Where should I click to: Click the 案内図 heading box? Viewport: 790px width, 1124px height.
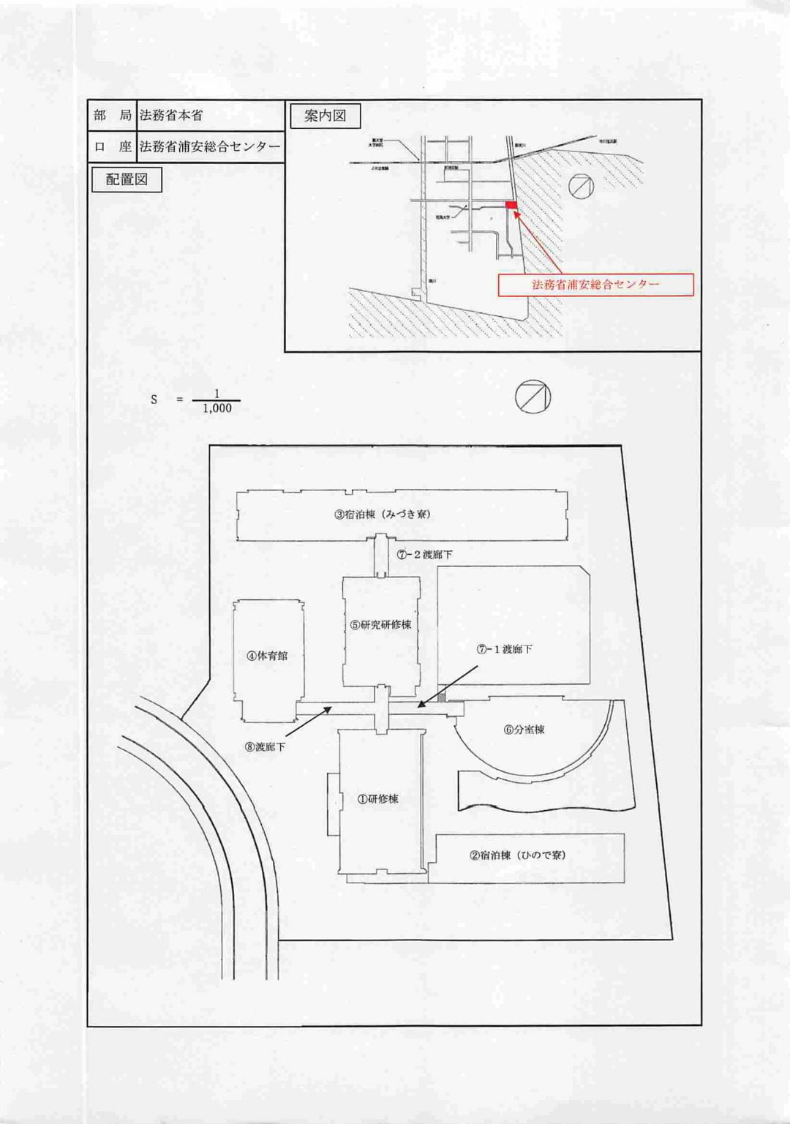(x=325, y=116)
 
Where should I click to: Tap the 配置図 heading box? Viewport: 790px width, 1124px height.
(x=127, y=179)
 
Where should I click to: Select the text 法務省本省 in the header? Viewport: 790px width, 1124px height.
(x=171, y=115)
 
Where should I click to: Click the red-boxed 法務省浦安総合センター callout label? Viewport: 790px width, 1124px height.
(x=595, y=285)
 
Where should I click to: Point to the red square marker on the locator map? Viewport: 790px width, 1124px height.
(x=511, y=205)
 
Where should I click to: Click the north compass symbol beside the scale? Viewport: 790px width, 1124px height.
(x=532, y=397)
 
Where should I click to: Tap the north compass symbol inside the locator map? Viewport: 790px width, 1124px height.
(x=582, y=186)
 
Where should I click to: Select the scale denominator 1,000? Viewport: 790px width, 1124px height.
(x=217, y=409)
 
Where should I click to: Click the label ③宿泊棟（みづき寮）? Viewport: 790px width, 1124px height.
(x=383, y=514)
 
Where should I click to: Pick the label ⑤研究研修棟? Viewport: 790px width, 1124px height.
(x=380, y=625)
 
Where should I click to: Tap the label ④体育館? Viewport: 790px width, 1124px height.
(x=267, y=656)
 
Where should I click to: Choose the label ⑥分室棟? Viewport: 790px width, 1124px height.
(x=524, y=730)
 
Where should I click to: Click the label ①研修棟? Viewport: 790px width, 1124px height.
(x=378, y=799)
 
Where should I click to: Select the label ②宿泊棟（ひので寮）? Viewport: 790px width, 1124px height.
(x=518, y=855)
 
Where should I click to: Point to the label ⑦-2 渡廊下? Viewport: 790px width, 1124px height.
(x=425, y=555)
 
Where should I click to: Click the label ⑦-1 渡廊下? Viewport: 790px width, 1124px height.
(x=505, y=649)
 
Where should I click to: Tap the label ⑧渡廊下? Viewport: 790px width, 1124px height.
(x=266, y=747)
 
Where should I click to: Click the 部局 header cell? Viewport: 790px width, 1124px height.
(x=113, y=115)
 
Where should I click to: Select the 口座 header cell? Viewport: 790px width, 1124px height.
(x=113, y=146)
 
